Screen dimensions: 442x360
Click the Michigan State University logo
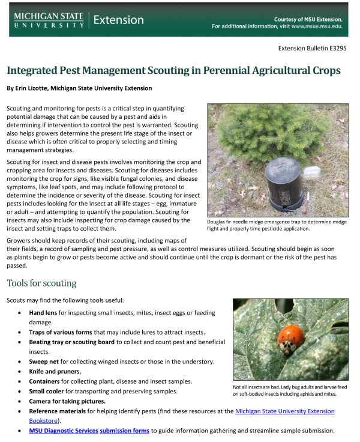coord(49,19)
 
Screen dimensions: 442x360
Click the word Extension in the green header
coord(119,20)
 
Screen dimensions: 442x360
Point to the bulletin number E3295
coord(335,48)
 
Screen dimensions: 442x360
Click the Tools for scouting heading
coord(41,283)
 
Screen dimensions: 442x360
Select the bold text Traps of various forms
coord(67,332)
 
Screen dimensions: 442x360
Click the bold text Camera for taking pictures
coord(67,401)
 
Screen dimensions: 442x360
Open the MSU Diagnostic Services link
coord(63,431)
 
